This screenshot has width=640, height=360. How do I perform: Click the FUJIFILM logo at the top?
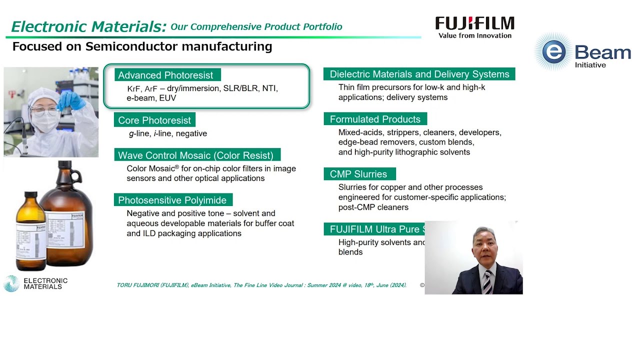[474, 23]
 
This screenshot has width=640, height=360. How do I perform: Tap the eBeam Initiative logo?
[583, 52]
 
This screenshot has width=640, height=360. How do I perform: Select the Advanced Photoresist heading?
[165, 75]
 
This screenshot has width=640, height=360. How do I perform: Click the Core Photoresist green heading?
[154, 120]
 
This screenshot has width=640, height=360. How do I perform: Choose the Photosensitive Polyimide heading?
[172, 200]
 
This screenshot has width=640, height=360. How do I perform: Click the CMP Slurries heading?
[358, 174]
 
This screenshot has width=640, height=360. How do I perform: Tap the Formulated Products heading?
[375, 119]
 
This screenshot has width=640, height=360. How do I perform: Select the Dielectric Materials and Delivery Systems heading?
[419, 74]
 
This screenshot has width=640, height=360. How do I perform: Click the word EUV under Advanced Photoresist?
[167, 98]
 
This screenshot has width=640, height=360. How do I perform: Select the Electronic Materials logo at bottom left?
[35, 283]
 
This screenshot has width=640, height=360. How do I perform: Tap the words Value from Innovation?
[474, 35]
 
